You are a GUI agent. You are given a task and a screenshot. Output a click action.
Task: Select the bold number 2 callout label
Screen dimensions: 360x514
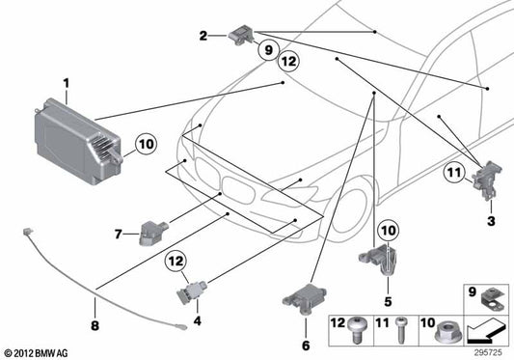[203, 36]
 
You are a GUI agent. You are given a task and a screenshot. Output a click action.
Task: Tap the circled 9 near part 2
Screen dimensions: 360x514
[267, 48]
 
